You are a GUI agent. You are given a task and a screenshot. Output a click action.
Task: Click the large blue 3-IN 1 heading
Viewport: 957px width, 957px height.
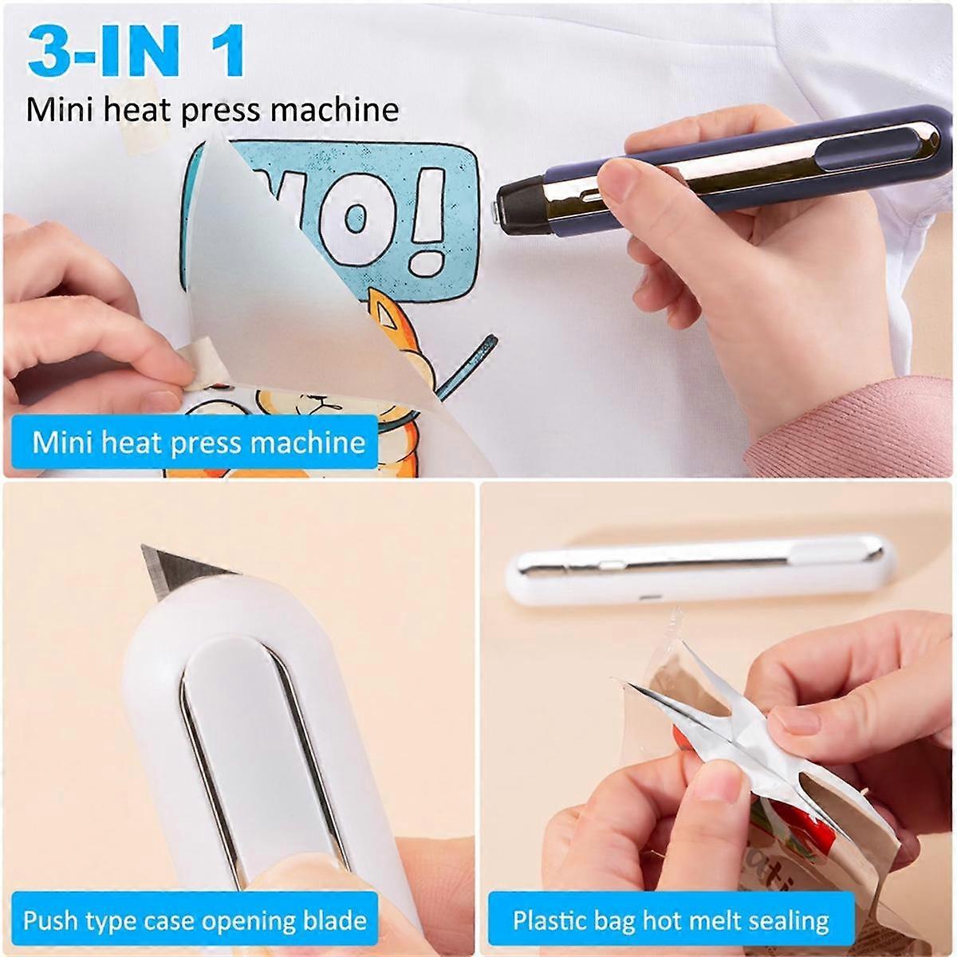[x=136, y=52]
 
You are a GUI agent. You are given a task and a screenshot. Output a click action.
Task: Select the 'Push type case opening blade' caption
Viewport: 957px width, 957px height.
[x=195, y=920]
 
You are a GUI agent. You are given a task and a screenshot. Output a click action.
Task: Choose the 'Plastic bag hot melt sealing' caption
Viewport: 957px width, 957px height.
[x=670, y=921]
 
